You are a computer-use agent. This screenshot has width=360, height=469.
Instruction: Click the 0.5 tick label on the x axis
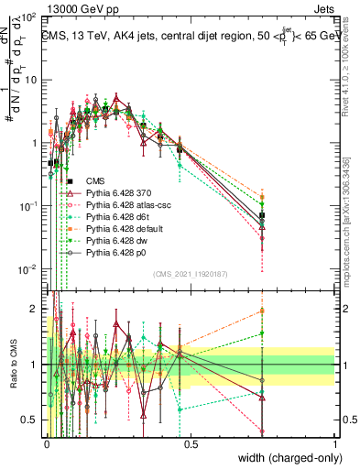[x=191, y=442]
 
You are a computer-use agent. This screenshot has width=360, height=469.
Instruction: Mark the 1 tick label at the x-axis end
[x=335, y=442]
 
